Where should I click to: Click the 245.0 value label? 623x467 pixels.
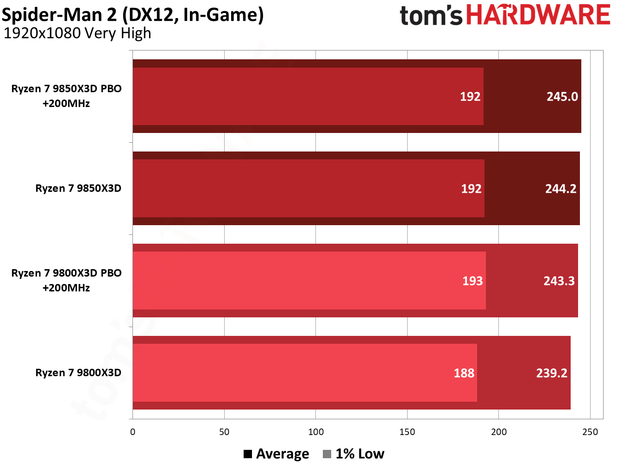point(562,96)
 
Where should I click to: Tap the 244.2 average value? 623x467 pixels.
point(560,189)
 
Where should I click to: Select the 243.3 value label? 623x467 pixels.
point(559,281)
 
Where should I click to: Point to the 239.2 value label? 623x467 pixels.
point(551,373)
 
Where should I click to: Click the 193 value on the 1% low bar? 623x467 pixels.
point(472,281)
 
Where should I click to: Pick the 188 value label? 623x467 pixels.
point(464,373)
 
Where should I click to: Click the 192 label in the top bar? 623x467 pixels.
point(470,96)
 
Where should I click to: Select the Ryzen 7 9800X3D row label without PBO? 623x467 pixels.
point(78,373)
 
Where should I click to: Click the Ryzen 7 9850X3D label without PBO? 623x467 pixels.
point(78,189)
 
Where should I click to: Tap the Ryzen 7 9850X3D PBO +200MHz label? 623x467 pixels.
point(66,96)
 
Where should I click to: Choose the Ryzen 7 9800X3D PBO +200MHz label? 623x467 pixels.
point(66,280)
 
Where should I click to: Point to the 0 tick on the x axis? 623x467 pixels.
point(133,432)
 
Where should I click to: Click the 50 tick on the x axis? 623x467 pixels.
point(224,432)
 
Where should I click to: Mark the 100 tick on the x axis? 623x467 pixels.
point(316,432)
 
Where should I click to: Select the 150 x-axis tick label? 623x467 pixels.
point(407,432)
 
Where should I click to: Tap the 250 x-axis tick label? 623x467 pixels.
point(590,432)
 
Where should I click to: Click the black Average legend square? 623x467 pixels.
point(248,454)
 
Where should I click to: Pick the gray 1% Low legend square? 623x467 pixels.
point(327,454)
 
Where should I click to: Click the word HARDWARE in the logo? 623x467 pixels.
point(538,15)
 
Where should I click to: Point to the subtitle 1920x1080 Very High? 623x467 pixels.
point(77,33)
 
